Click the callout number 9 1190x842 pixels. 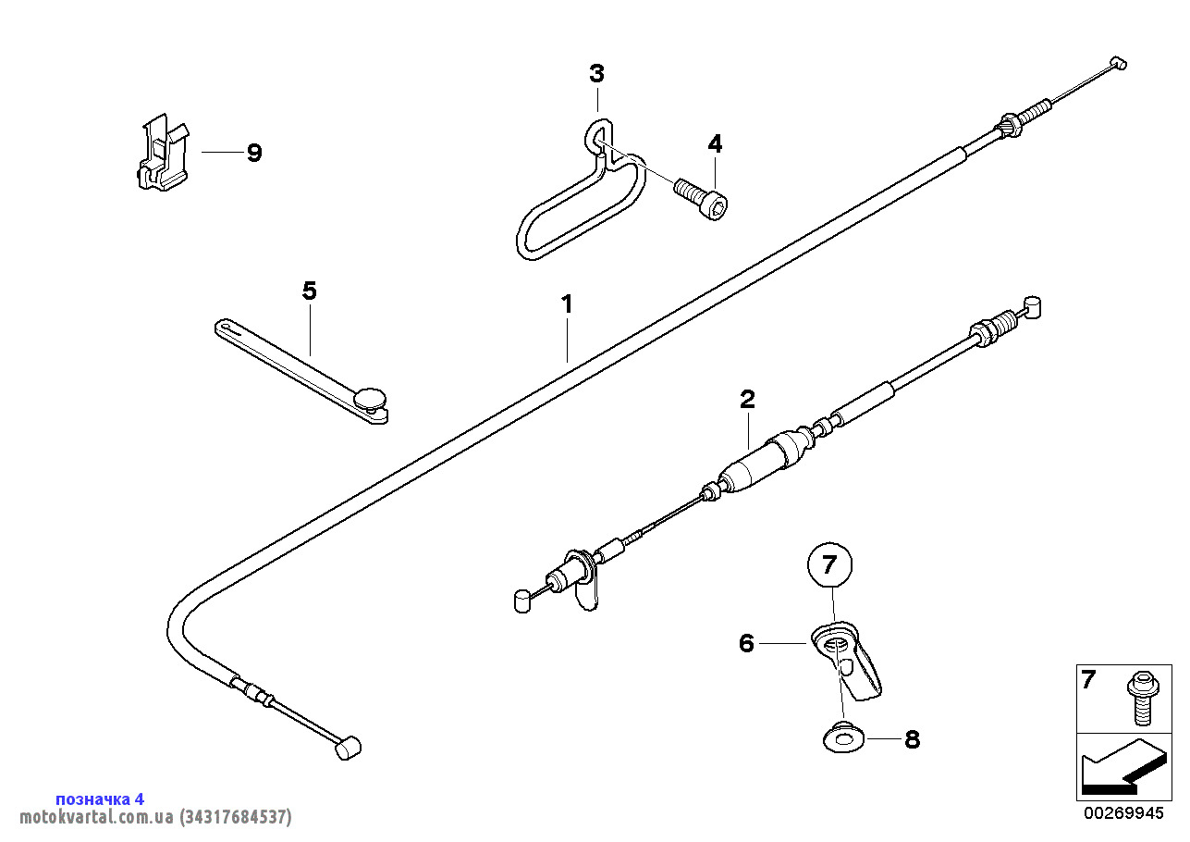click(253, 153)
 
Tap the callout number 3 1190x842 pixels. click(597, 73)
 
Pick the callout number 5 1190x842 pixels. click(309, 291)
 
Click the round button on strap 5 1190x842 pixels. click(373, 398)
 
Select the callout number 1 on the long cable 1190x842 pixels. click(567, 303)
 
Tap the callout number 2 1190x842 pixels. click(747, 399)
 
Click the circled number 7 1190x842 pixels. click(828, 563)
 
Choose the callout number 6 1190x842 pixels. click(747, 643)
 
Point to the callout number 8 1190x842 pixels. click(912, 739)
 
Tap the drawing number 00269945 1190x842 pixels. click(1123, 813)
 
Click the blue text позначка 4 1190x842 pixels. click(100, 799)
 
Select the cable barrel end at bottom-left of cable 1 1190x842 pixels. click(347, 748)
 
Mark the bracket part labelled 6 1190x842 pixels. click(849, 659)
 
